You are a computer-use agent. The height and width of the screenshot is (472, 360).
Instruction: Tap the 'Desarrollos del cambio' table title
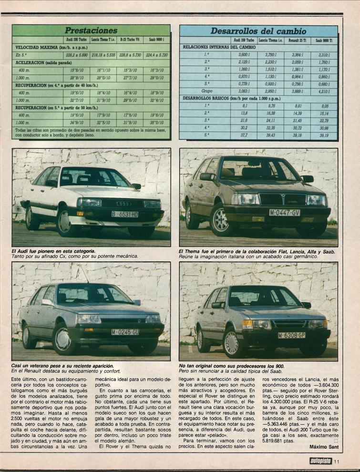click(259, 31)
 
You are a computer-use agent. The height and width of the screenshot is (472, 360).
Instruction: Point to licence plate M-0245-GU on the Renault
click(125, 331)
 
